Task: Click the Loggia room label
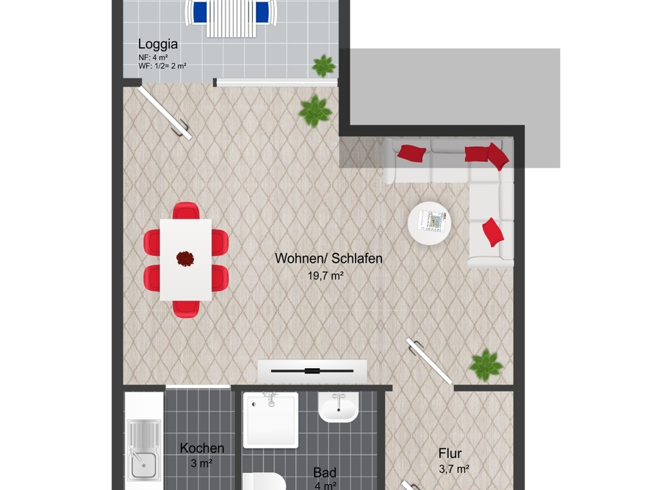pos(158,44)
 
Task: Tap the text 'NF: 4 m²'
pos(153,57)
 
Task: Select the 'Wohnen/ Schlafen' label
pos(329,258)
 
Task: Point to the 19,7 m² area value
pos(325,276)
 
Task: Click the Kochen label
pos(202,448)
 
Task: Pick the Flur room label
pos(450,453)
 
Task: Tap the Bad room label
pos(325,472)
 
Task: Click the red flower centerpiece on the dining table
pos(185,259)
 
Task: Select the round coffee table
pos(429,223)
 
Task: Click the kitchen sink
pos(144,450)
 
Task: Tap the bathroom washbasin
pos(338,407)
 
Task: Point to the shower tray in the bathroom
pos(271,420)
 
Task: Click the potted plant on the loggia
pos(323,65)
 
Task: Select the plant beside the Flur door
pos(485,365)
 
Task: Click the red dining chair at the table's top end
pos(186,211)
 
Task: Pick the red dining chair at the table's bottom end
pos(186,308)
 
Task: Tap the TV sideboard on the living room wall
pos(313,371)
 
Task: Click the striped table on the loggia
pos(231,19)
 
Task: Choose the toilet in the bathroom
pos(264,481)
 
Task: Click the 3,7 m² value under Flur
pos(454,469)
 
